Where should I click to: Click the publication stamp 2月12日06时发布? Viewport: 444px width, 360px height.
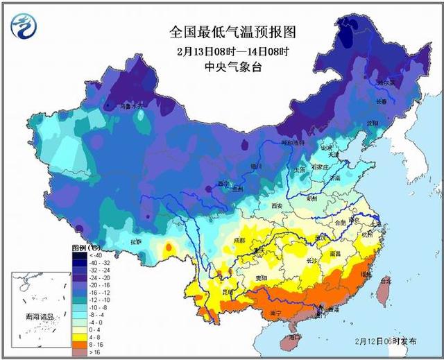(386, 342)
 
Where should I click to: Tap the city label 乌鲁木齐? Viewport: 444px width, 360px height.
(131, 106)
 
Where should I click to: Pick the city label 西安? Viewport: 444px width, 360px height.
(278, 206)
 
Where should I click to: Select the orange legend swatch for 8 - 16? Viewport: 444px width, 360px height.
(79, 343)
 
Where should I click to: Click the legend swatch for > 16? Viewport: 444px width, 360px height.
(79, 352)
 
